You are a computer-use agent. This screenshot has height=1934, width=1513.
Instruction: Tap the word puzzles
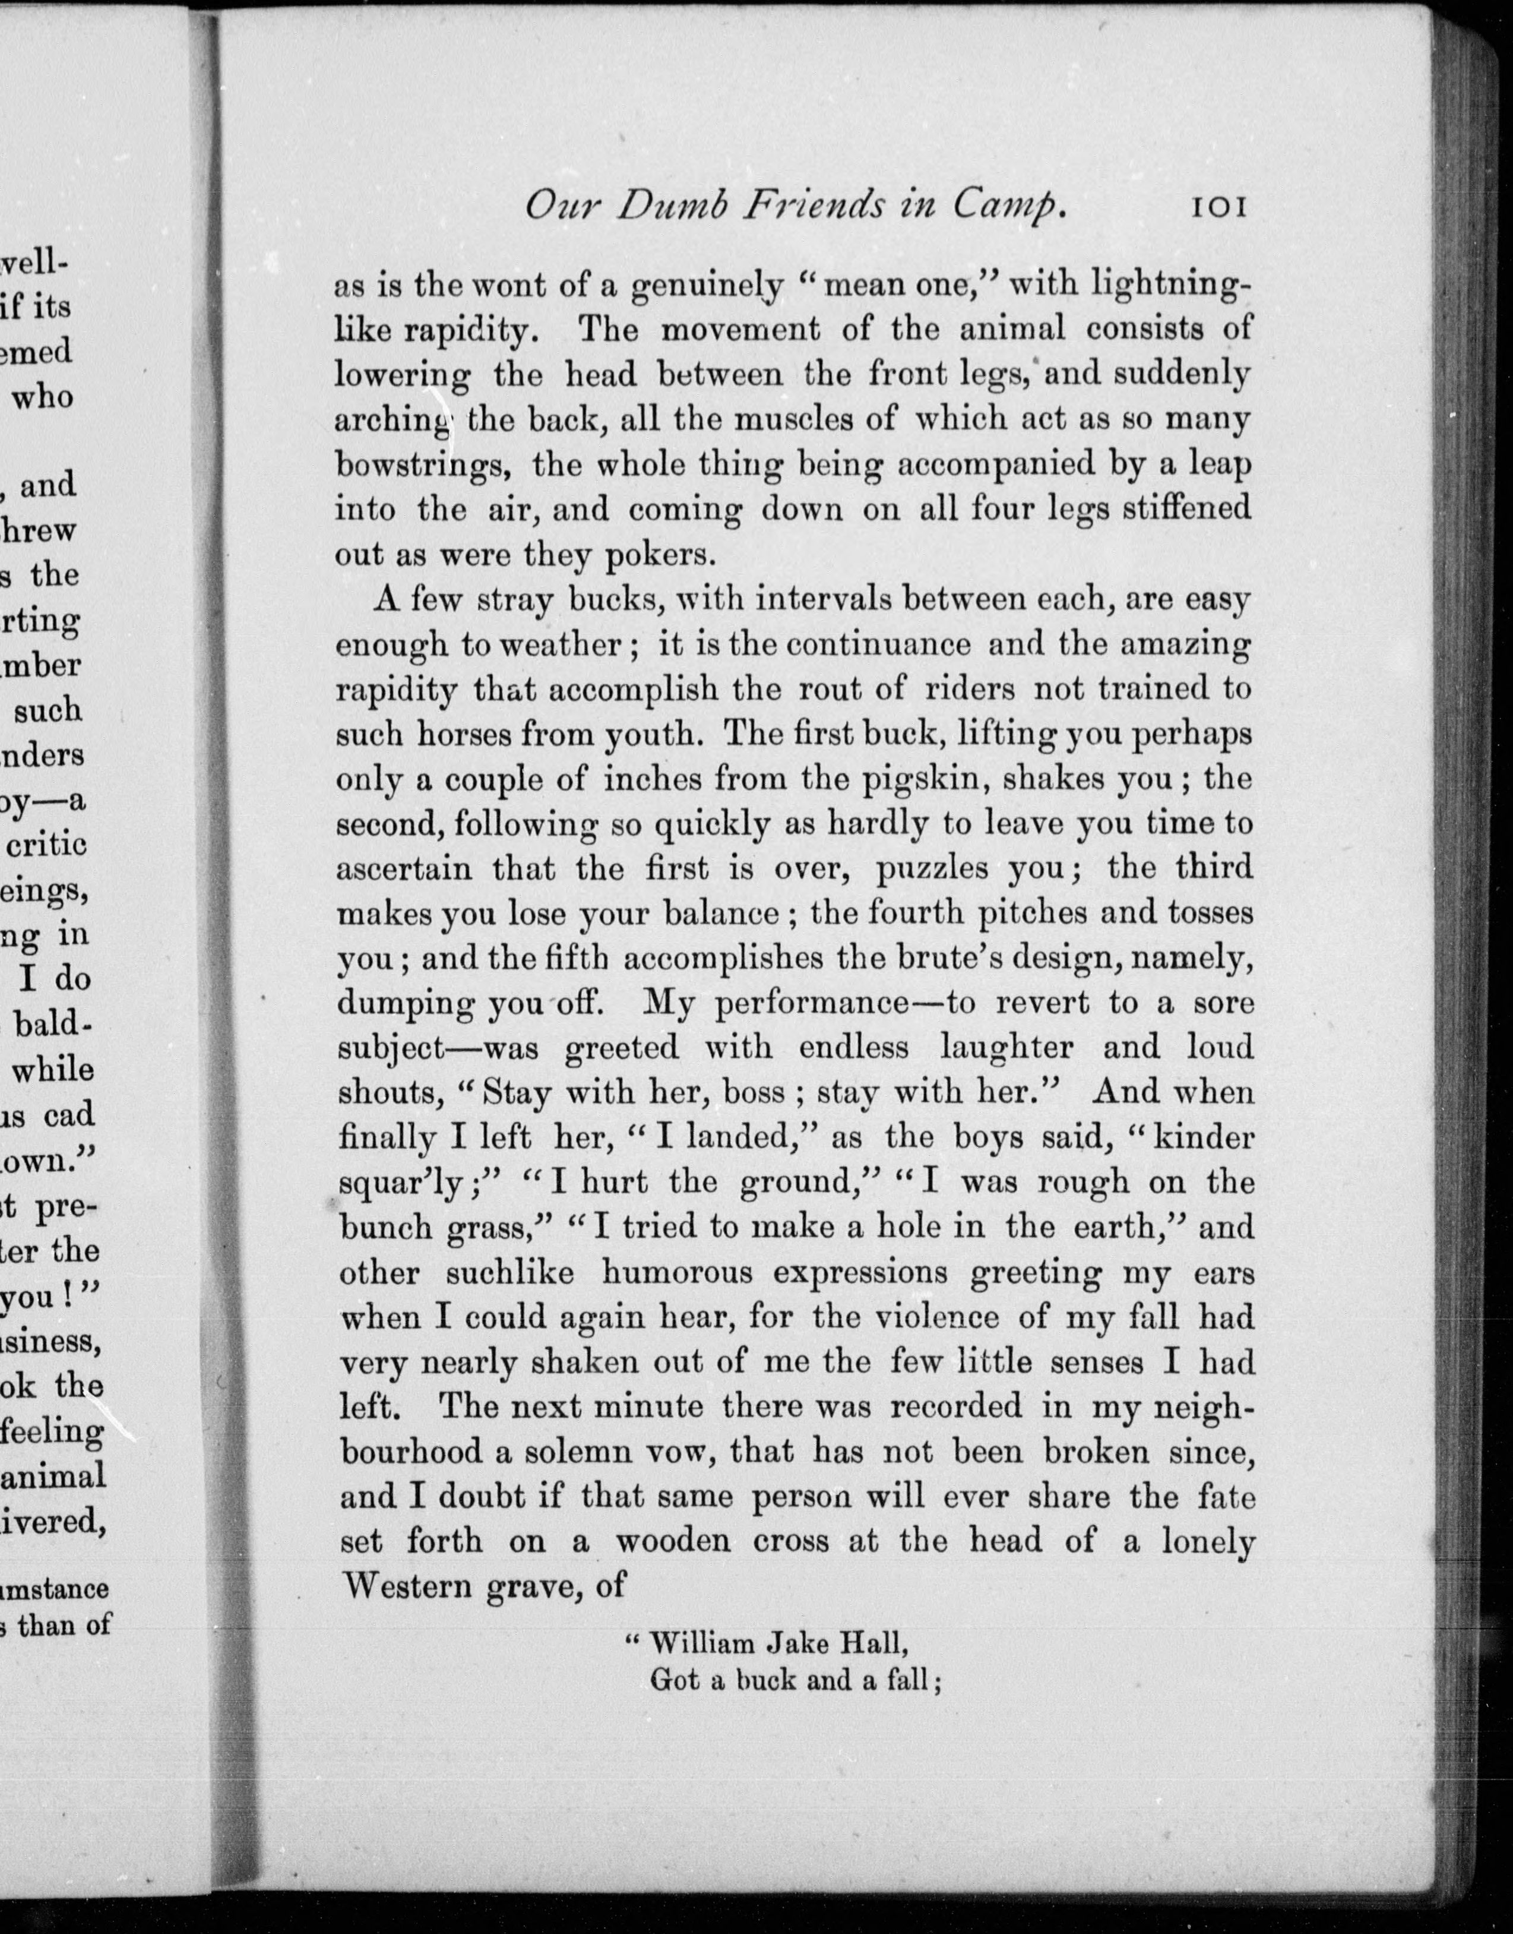(931, 868)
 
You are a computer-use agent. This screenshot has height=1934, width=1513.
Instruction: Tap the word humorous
(677, 1273)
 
